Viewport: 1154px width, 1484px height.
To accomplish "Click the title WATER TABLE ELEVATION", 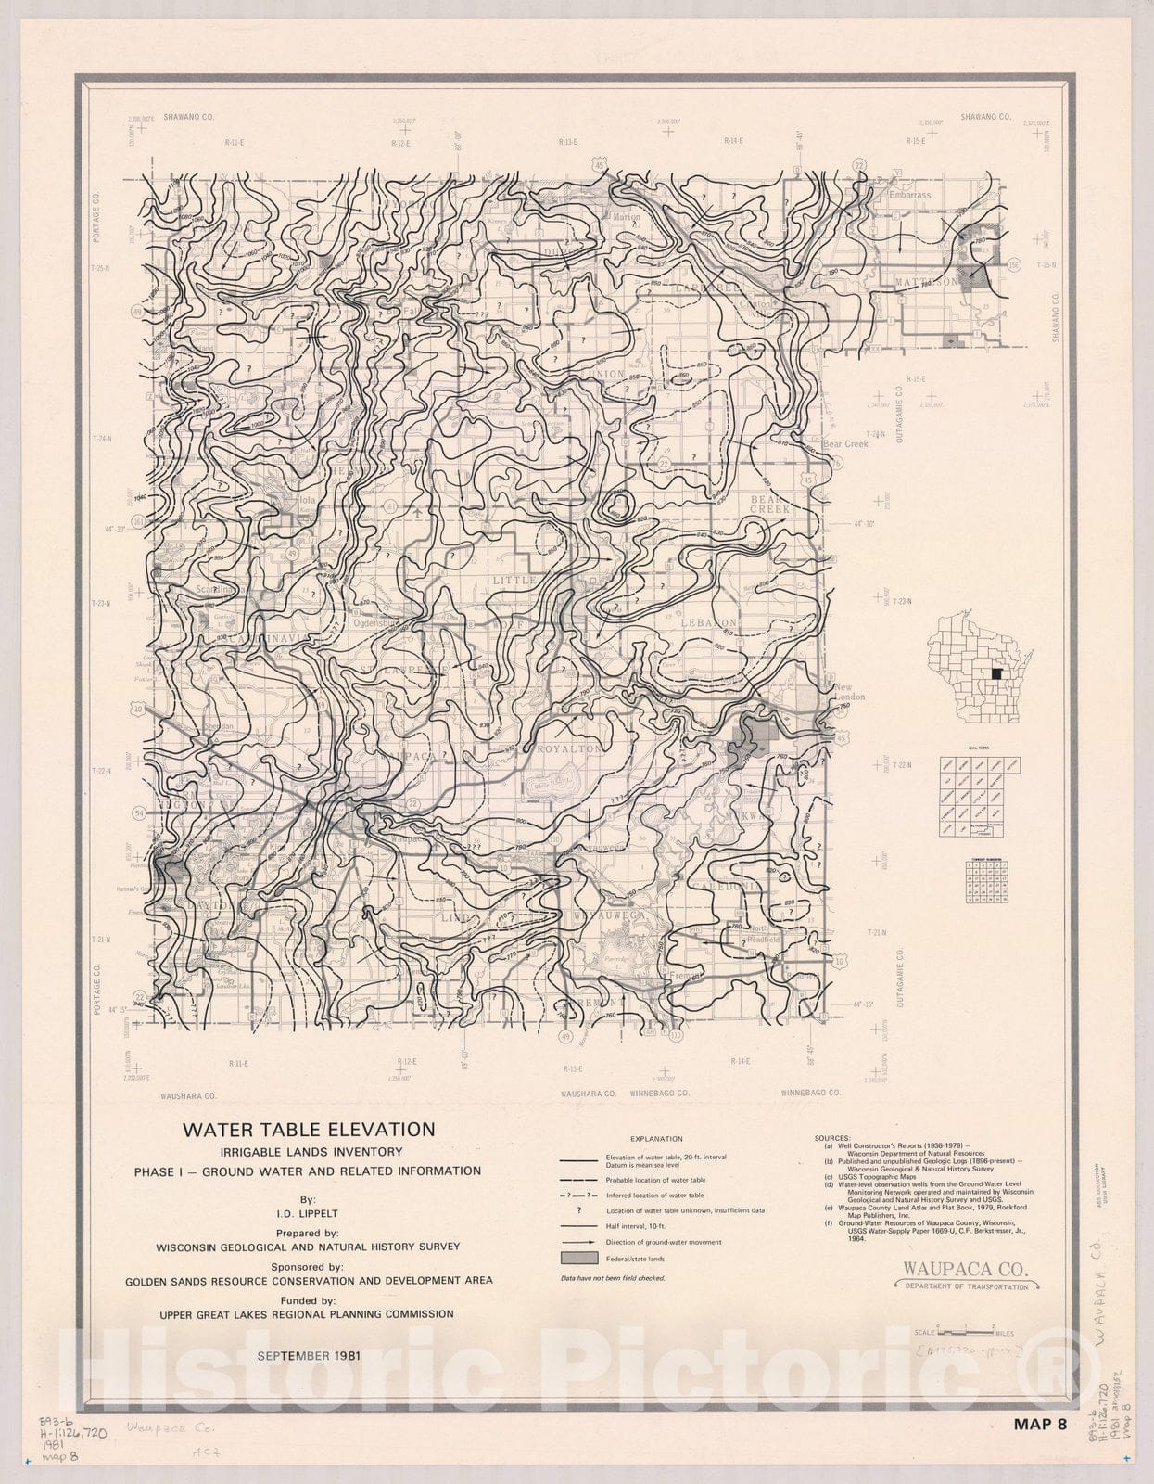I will coord(309,1130).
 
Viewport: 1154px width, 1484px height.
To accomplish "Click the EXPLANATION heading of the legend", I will coord(656,1139).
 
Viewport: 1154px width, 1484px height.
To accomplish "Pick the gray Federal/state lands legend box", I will coord(578,1259).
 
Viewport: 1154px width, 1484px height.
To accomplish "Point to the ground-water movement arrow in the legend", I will coord(577,1242).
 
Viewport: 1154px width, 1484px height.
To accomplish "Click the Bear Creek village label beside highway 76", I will coord(845,444).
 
